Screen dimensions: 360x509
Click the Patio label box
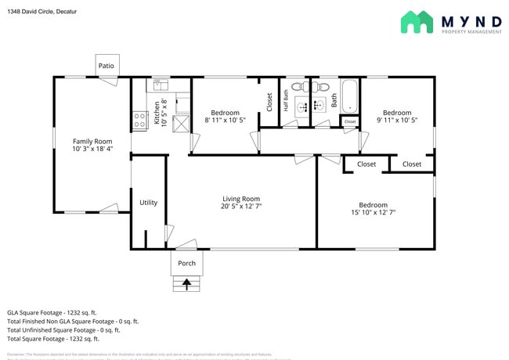pos(106,66)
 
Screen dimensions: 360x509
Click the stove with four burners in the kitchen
pos(140,120)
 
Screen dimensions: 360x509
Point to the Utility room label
pos(148,203)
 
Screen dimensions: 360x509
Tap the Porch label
pos(187,263)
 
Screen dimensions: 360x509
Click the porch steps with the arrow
pos(187,284)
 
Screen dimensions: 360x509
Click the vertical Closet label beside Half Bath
pos(269,102)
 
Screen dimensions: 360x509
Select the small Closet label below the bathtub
pos(349,122)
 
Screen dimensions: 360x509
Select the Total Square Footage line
pos(53,339)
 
